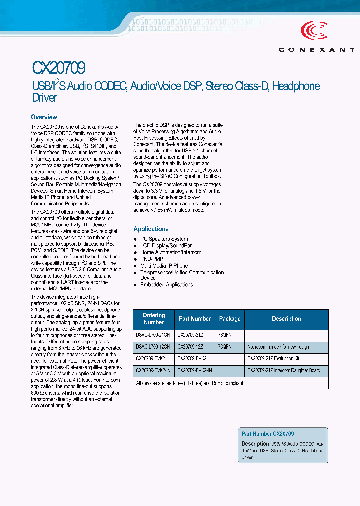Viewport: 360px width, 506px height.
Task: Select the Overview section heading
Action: coord(44,117)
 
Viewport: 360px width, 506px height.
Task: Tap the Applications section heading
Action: coord(151,229)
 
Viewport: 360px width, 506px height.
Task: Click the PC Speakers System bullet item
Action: coord(164,239)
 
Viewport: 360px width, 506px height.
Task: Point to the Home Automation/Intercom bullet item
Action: coord(171,253)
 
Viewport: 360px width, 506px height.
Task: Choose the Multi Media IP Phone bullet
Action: coord(164,266)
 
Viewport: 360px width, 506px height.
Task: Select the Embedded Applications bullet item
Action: coord(166,285)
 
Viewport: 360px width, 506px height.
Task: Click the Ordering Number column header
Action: coord(153,319)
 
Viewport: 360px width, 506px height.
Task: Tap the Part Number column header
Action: coord(195,319)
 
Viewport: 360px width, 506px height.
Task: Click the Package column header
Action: coord(230,319)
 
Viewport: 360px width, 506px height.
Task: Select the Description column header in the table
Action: coord(286,319)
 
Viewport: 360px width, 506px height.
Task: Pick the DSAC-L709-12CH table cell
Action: coord(153,347)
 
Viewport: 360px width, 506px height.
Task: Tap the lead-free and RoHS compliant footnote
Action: coord(190,383)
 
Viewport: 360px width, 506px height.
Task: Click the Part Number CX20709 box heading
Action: coord(267,434)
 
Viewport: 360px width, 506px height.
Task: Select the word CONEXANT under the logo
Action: coord(317,50)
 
